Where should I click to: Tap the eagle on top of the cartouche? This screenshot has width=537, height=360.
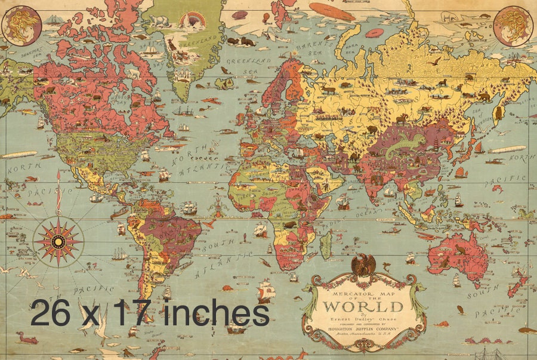pyautogui.click(x=364, y=264)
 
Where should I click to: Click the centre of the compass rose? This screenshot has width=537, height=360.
pyautogui.click(x=58, y=241)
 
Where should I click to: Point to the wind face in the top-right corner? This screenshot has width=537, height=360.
pyautogui.click(x=514, y=24)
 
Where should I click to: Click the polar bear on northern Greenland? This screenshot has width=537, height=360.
pyautogui.click(x=158, y=21)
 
